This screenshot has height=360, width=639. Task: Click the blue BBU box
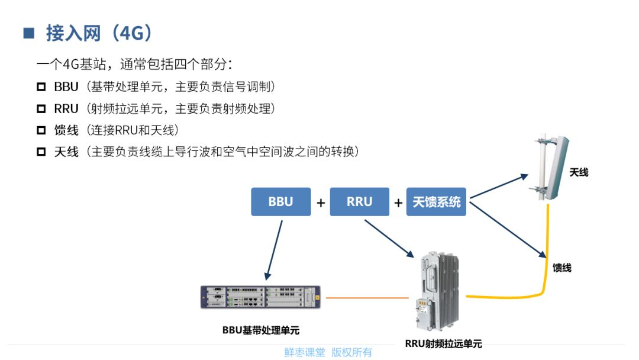click(x=281, y=202)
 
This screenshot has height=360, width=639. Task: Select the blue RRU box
click(x=359, y=202)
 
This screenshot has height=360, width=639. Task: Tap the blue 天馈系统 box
click(x=437, y=202)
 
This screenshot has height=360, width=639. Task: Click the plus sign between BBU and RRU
click(x=321, y=203)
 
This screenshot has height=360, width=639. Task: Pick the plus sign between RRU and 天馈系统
click(x=398, y=203)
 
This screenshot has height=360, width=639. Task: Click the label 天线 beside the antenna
click(x=579, y=173)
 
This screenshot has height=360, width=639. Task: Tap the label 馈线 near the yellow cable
click(x=562, y=268)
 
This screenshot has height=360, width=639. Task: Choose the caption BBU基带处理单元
click(x=261, y=330)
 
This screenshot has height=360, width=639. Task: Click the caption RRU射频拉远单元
click(x=443, y=343)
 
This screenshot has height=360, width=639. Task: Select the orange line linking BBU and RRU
click(x=367, y=297)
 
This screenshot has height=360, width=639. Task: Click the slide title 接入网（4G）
click(x=99, y=33)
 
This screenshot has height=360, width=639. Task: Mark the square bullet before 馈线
click(x=41, y=130)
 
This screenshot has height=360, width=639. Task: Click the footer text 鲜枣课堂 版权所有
click(x=328, y=352)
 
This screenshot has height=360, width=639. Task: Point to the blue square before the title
click(x=29, y=33)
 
